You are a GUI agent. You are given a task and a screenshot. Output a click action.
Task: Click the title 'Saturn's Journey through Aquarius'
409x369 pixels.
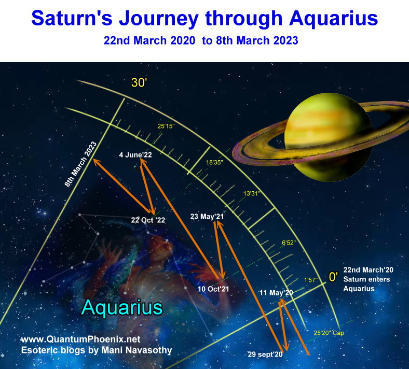tap(204, 19)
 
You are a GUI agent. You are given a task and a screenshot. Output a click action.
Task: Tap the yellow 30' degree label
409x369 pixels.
tap(139, 83)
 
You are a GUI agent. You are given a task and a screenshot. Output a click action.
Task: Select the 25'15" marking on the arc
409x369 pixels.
tap(166, 126)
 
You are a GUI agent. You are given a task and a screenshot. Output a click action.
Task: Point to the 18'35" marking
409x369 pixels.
tap(214, 162)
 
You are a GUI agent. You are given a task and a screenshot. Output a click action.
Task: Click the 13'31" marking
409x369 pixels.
tap(252, 193)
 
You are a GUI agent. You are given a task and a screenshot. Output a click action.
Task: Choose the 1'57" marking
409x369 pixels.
tap(310, 280)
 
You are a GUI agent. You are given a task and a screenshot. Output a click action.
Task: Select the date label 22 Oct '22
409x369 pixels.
tap(148, 220)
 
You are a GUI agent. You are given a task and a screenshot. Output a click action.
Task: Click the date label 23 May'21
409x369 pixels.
tap(207, 217)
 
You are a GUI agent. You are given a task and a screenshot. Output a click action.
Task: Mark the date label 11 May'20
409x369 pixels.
tap(276, 293)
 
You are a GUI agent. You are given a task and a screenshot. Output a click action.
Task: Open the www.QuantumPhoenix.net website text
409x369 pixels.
tap(81, 339)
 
